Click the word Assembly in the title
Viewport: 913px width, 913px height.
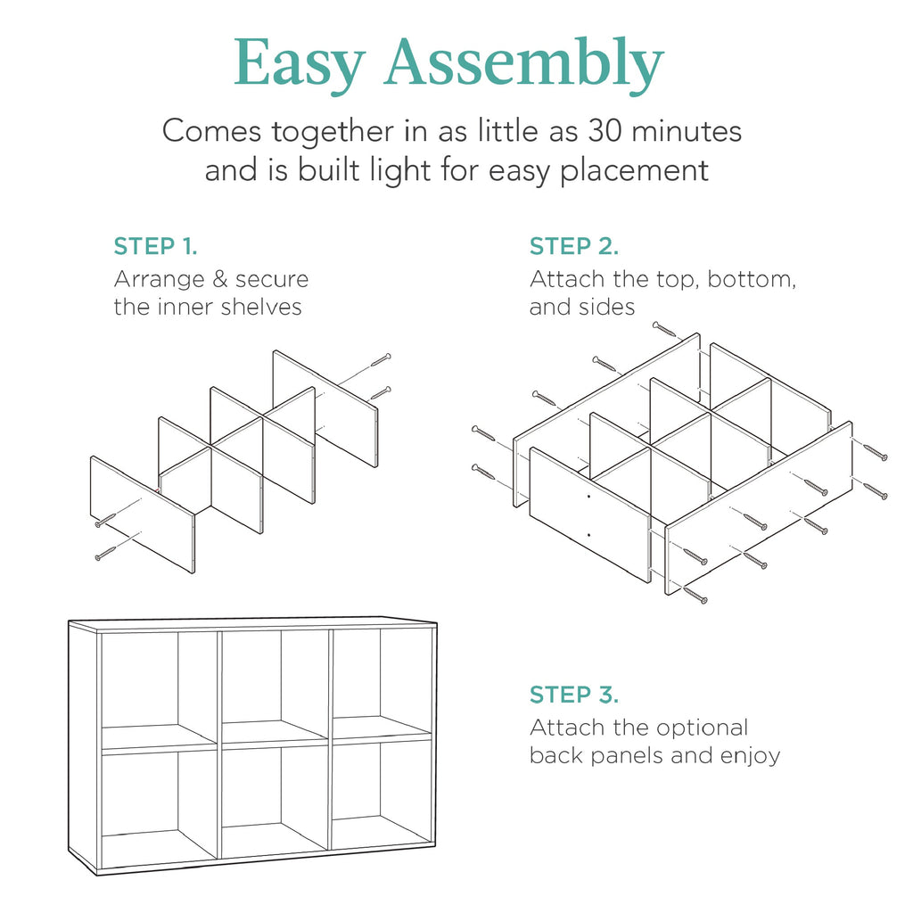[523, 64]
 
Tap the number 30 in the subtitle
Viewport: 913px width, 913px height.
[607, 132]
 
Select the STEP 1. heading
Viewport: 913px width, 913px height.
[155, 247]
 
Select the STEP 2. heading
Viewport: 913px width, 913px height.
[573, 247]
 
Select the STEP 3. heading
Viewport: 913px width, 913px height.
[573, 695]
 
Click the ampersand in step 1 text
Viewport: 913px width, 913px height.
[218, 280]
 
